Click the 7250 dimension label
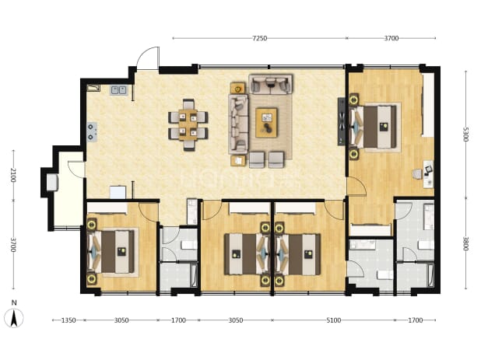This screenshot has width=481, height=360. pos(259,38)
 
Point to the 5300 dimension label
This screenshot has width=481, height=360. pos(465,135)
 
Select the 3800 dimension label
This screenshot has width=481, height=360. pos(465,243)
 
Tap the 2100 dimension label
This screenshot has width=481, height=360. pos(13,175)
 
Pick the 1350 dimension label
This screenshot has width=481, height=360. pos(68,320)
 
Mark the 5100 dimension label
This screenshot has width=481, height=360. pos(333,320)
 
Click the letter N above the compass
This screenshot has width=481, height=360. pos(14,303)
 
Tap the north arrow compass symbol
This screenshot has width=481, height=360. pos(14,318)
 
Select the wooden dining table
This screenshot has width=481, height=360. pos(188,125)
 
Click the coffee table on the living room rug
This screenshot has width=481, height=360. pos(266,123)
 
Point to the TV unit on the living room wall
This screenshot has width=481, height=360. pos(342,121)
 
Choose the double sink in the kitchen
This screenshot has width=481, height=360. pos(119,90)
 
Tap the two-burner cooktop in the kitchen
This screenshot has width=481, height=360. pos(92,132)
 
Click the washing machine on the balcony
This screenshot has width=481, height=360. pos(52,182)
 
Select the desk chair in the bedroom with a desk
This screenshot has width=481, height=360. pos(417,174)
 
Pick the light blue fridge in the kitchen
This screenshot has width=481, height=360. pos(118,192)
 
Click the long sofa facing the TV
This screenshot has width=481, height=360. pos(237,124)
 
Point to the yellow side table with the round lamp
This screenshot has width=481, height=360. pos(237,89)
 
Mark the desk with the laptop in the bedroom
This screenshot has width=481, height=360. pos(428,174)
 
